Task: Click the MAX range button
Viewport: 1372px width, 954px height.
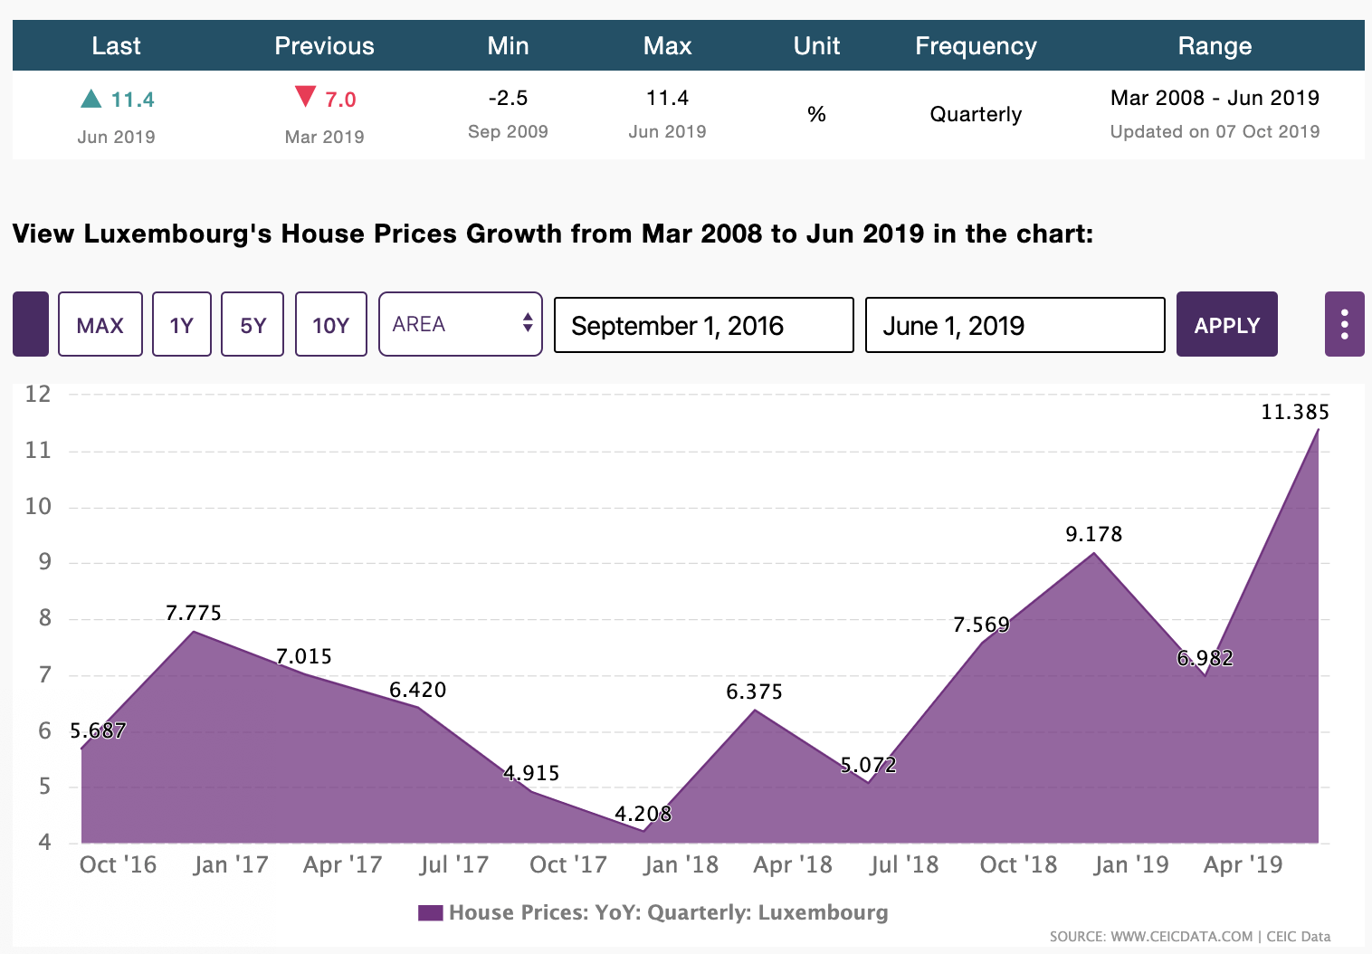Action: click(x=100, y=324)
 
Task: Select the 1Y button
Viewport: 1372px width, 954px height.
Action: click(x=182, y=324)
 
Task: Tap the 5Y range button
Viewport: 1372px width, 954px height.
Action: click(x=252, y=324)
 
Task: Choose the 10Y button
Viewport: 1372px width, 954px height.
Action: click(x=330, y=324)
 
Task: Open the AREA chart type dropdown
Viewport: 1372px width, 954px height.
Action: click(x=460, y=324)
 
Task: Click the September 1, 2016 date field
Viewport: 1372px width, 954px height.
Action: click(x=703, y=325)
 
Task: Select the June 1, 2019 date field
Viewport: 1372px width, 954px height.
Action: click(x=1015, y=325)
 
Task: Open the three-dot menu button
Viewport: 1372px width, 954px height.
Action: click(x=1344, y=324)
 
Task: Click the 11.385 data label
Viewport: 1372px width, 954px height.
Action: click(x=1295, y=413)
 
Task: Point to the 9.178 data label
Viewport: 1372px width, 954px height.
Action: click(x=1093, y=535)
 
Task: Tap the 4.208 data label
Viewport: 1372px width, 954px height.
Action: click(x=643, y=814)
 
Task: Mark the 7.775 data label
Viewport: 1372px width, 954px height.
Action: click(x=194, y=614)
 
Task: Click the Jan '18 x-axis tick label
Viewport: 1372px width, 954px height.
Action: click(x=681, y=865)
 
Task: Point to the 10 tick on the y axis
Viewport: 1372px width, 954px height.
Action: click(x=38, y=507)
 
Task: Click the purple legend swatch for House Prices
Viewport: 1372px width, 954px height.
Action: click(x=430, y=912)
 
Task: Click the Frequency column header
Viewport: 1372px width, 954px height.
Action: click(x=976, y=46)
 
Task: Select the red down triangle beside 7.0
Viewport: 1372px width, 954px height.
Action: click(x=306, y=96)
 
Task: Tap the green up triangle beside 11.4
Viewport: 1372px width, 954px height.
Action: click(x=91, y=99)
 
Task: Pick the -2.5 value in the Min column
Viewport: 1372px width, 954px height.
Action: click(x=508, y=98)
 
